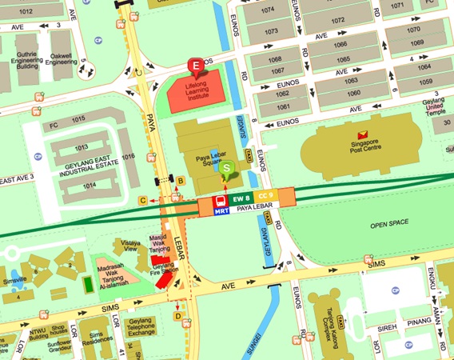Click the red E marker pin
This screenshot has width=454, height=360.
(194, 66)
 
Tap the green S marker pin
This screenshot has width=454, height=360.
(228, 169)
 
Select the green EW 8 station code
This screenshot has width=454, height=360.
(241, 196)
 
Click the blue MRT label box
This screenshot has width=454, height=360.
(222, 211)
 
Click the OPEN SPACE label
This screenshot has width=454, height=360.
(388, 226)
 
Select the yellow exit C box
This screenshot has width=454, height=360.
(143, 200)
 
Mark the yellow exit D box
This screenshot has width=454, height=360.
(177, 316)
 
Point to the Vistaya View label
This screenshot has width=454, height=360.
(131, 244)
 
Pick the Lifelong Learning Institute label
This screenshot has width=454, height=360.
(204, 90)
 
